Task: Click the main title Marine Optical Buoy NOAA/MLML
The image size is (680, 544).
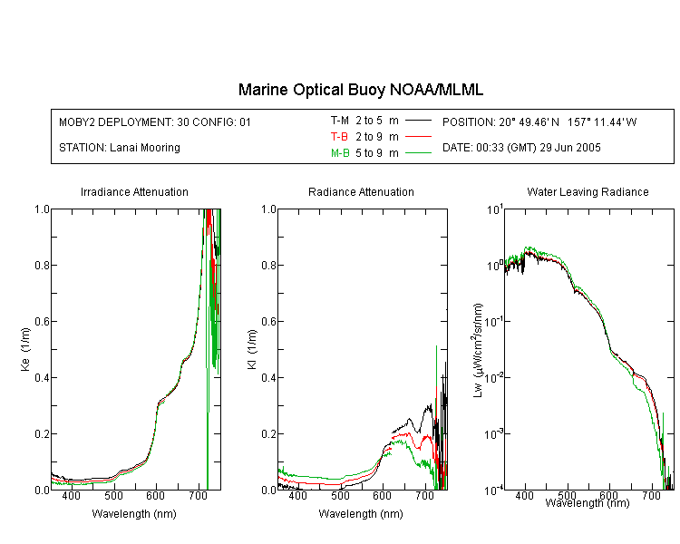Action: [360, 90]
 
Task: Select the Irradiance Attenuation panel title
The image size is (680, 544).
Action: [134, 191]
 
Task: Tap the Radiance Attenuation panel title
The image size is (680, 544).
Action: [361, 191]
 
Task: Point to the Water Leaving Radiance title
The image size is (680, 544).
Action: [588, 191]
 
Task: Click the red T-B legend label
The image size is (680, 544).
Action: [339, 137]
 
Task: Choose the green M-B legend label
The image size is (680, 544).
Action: [340, 153]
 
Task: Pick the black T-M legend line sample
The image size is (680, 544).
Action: [418, 121]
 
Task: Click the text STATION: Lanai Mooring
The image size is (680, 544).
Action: [120, 148]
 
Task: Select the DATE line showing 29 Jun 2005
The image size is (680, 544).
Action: [521, 148]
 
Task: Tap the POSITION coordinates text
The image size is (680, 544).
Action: [539, 121]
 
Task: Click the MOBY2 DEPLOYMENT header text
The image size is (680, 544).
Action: [155, 121]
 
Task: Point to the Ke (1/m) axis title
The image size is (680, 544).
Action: [25, 349]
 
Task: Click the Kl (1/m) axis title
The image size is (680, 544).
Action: [252, 349]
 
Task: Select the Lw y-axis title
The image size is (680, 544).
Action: [478, 350]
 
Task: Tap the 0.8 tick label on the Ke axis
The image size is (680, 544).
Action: [42, 265]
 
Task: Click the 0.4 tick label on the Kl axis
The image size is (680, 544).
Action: [269, 377]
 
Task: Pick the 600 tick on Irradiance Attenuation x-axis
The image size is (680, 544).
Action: [155, 495]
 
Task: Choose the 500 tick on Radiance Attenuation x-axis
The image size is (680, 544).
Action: [340, 495]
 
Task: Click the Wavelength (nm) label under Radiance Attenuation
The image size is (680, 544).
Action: [361, 514]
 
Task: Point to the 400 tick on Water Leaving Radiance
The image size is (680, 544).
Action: [524, 495]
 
